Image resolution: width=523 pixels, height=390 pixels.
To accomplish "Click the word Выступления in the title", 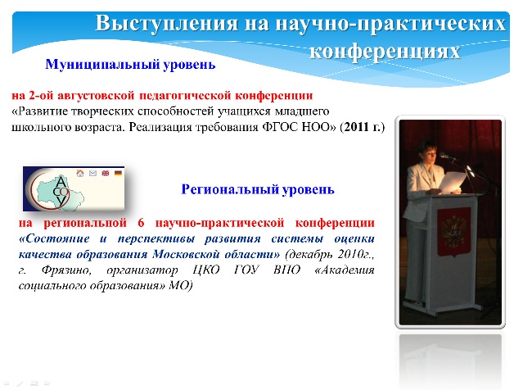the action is pyautogui.click(x=167, y=24).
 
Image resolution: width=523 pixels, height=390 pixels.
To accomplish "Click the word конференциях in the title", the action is pyautogui.click(x=385, y=51).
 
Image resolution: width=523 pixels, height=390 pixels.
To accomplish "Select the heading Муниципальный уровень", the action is pyautogui.click(x=130, y=64).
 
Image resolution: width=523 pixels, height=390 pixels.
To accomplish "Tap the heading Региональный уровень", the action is pyautogui.click(x=258, y=189).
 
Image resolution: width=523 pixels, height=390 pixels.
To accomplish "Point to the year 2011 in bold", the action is pyautogui.click(x=356, y=127).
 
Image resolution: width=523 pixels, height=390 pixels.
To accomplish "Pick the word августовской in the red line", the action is pyautogui.click(x=97, y=96).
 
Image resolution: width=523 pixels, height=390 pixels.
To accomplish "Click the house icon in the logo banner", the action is pyautogui.click(x=80, y=173).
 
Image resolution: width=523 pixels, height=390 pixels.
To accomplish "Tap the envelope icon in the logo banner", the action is pyautogui.click(x=92, y=173).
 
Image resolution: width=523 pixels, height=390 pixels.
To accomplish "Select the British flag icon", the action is pyautogui.click(x=106, y=173).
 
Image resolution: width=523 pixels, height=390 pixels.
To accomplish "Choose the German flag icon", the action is pyautogui.click(x=118, y=173).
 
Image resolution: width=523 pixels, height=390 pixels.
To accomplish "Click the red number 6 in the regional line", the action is pyautogui.click(x=141, y=223).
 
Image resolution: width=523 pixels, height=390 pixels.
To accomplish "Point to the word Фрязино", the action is pyautogui.click(x=66, y=270).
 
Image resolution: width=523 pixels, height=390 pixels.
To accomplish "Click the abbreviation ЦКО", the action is pyautogui.click(x=206, y=270).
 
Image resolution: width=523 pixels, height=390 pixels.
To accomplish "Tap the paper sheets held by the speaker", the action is pyautogui.click(x=453, y=182).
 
